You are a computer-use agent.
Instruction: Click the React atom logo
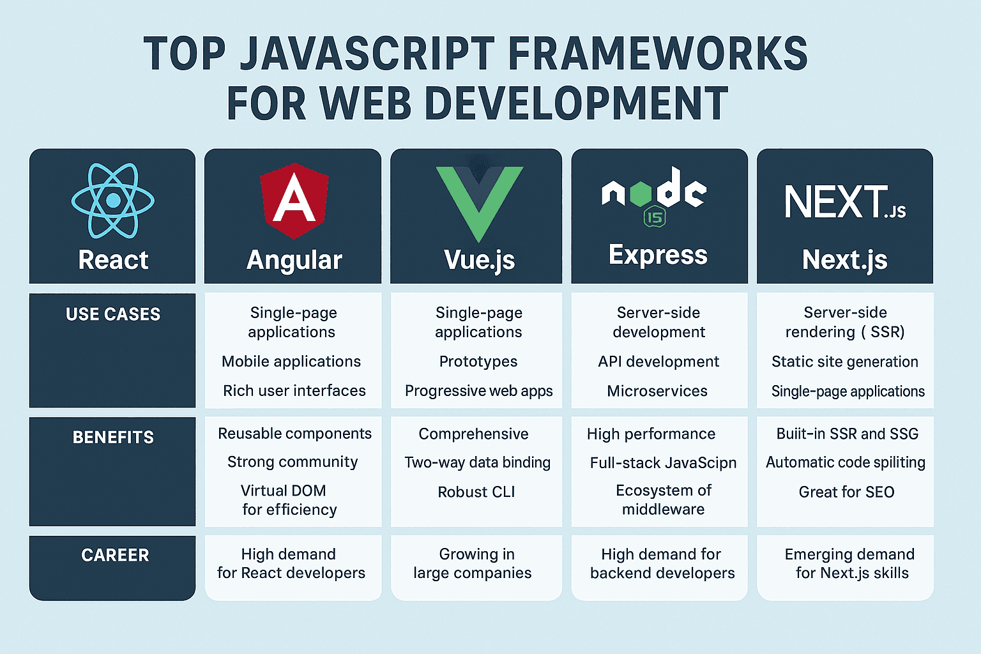point(113,201)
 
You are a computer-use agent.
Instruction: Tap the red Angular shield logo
point(294,201)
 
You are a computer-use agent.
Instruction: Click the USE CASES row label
point(113,314)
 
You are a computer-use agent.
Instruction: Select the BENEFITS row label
point(113,437)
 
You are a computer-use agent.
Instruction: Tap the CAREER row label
point(115,555)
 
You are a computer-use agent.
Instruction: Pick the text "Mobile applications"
point(291,361)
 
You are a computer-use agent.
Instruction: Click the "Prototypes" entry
point(478,361)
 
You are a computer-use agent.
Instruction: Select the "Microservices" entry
point(657,391)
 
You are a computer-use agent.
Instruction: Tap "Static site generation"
point(844,362)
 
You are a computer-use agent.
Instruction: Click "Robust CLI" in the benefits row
point(476,492)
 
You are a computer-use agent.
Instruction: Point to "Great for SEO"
point(846,492)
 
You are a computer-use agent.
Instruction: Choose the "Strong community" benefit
point(293,462)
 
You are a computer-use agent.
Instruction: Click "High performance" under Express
point(651,434)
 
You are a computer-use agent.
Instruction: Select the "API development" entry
point(658,361)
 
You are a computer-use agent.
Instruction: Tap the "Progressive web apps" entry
point(478,391)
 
